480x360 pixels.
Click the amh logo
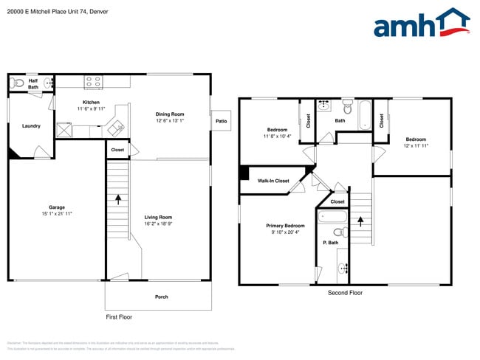(421, 24)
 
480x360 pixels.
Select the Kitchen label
(91, 103)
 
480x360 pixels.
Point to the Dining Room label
(169, 114)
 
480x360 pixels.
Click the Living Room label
(158, 217)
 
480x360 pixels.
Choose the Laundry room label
(31, 126)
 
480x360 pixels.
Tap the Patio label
(221, 121)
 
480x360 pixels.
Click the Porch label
(161, 297)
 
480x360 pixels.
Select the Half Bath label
(33, 83)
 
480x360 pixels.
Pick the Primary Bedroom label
(285, 226)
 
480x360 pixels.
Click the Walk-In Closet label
(272, 181)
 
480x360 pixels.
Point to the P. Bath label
(330, 243)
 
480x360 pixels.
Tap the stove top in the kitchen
(93, 82)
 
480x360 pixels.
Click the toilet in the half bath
(18, 83)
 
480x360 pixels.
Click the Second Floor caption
(345, 293)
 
